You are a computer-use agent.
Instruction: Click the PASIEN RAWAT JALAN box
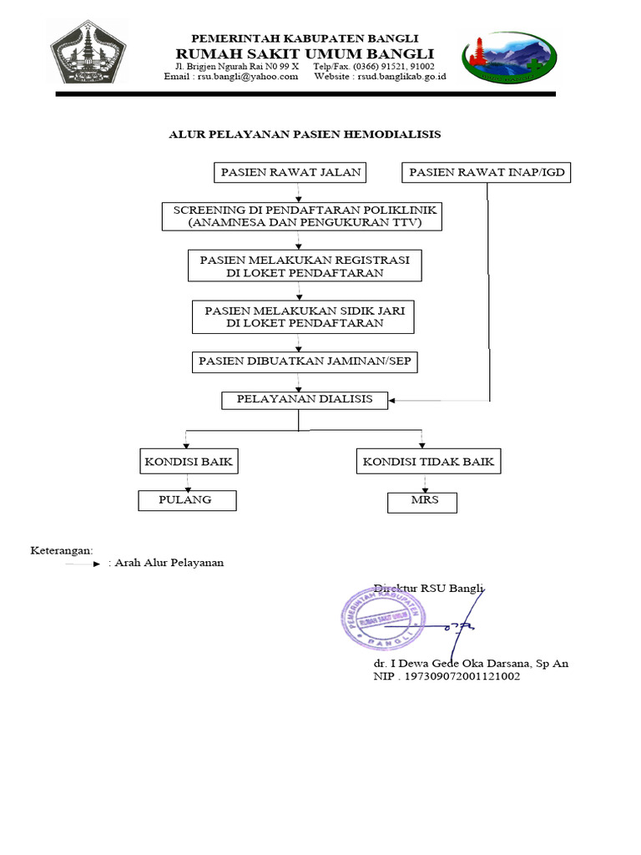(x=290, y=173)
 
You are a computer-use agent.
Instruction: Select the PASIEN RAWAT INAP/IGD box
(x=488, y=173)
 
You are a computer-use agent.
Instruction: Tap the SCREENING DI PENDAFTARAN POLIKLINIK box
(x=301, y=216)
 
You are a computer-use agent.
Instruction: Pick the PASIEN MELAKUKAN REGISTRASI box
(x=305, y=266)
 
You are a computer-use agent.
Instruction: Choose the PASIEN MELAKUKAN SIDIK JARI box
(x=304, y=316)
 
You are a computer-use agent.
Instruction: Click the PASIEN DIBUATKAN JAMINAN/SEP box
(x=304, y=362)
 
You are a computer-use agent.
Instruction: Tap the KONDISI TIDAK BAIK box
(x=428, y=461)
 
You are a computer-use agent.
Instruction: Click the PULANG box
(x=187, y=500)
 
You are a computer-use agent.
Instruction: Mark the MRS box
(x=422, y=502)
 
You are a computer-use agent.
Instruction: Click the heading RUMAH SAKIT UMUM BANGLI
(x=305, y=53)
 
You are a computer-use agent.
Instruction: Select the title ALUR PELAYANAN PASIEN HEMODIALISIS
(x=305, y=134)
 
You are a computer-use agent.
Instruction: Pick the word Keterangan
(x=62, y=549)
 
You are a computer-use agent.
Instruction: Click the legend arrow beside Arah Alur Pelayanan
(x=83, y=564)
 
